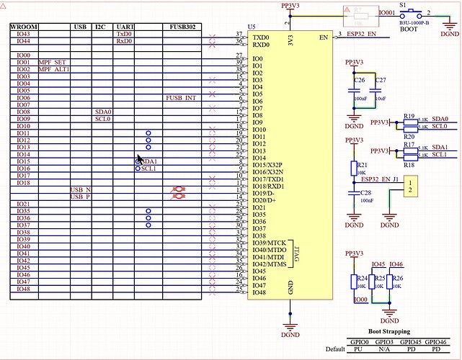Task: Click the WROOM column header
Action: [24, 27]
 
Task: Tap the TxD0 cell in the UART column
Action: [124, 34]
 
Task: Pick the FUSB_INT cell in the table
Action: [180, 97]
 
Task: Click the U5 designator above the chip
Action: [252, 27]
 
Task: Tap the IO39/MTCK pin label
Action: [268, 243]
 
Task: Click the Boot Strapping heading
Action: [389, 332]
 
